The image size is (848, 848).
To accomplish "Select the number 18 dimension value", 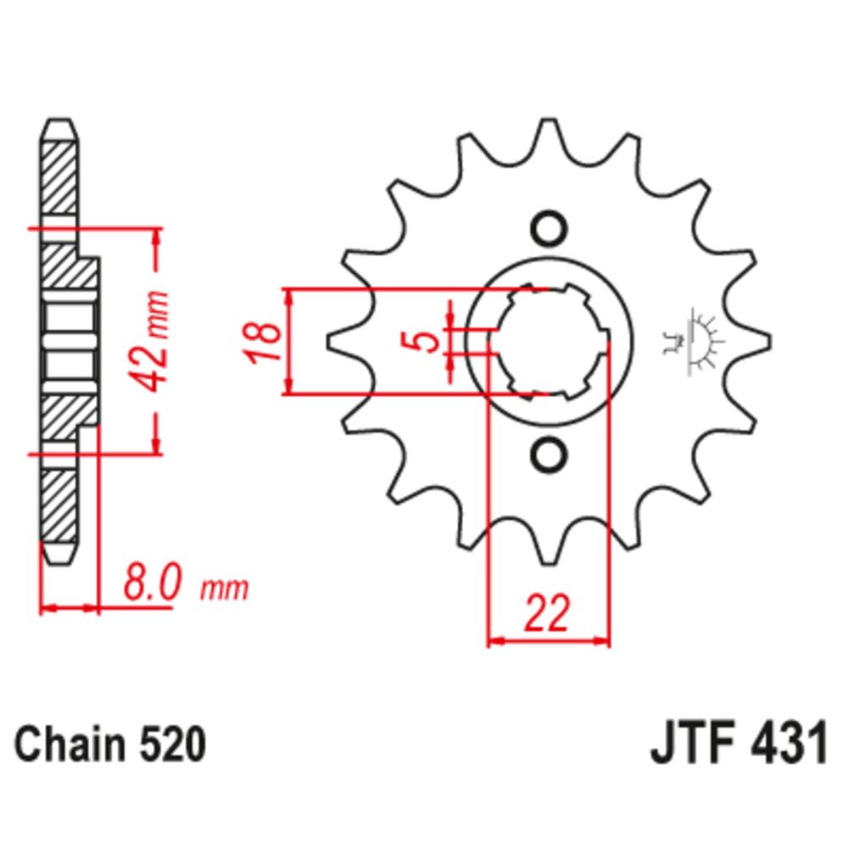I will click(x=265, y=342).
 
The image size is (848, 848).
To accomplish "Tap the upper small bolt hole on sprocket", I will click(x=547, y=228).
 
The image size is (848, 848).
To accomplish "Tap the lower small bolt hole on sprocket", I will click(x=547, y=455).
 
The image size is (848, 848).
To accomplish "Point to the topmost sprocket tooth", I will click(x=547, y=131).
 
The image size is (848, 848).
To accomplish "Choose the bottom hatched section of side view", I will click(x=59, y=505).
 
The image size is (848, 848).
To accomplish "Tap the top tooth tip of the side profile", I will click(x=59, y=127).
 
